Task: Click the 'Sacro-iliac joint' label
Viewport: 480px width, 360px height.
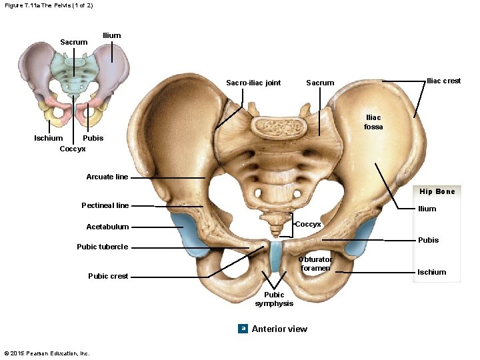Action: click(253, 83)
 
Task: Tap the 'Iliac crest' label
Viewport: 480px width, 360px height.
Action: click(443, 81)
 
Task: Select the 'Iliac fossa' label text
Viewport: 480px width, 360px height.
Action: click(373, 122)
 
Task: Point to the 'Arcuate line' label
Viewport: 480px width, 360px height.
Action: click(107, 177)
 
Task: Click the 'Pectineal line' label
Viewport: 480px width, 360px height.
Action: click(105, 205)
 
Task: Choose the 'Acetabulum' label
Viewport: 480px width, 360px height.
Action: click(107, 227)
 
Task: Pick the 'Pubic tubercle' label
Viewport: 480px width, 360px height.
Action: click(102, 247)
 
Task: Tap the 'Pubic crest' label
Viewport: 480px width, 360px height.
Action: click(108, 276)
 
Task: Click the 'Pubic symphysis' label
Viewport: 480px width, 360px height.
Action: click(274, 299)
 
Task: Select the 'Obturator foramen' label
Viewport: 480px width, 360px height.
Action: click(315, 263)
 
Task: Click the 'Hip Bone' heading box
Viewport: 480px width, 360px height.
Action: click(437, 191)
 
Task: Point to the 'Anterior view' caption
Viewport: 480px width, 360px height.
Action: click(279, 329)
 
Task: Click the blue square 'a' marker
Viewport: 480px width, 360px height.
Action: click(243, 328)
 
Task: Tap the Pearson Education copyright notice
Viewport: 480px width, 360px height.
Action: click(47, 353)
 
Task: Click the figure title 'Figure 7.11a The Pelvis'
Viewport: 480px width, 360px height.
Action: click(48, 5)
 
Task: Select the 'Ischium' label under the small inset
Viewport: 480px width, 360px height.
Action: click(49, 138)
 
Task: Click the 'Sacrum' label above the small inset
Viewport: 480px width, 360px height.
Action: click(73, 42)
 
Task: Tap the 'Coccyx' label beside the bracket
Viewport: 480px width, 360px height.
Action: click(308, 224)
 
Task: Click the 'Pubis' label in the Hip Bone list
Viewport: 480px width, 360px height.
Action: click(428, 240)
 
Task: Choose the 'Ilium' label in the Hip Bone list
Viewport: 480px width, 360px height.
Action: click(427, 209)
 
